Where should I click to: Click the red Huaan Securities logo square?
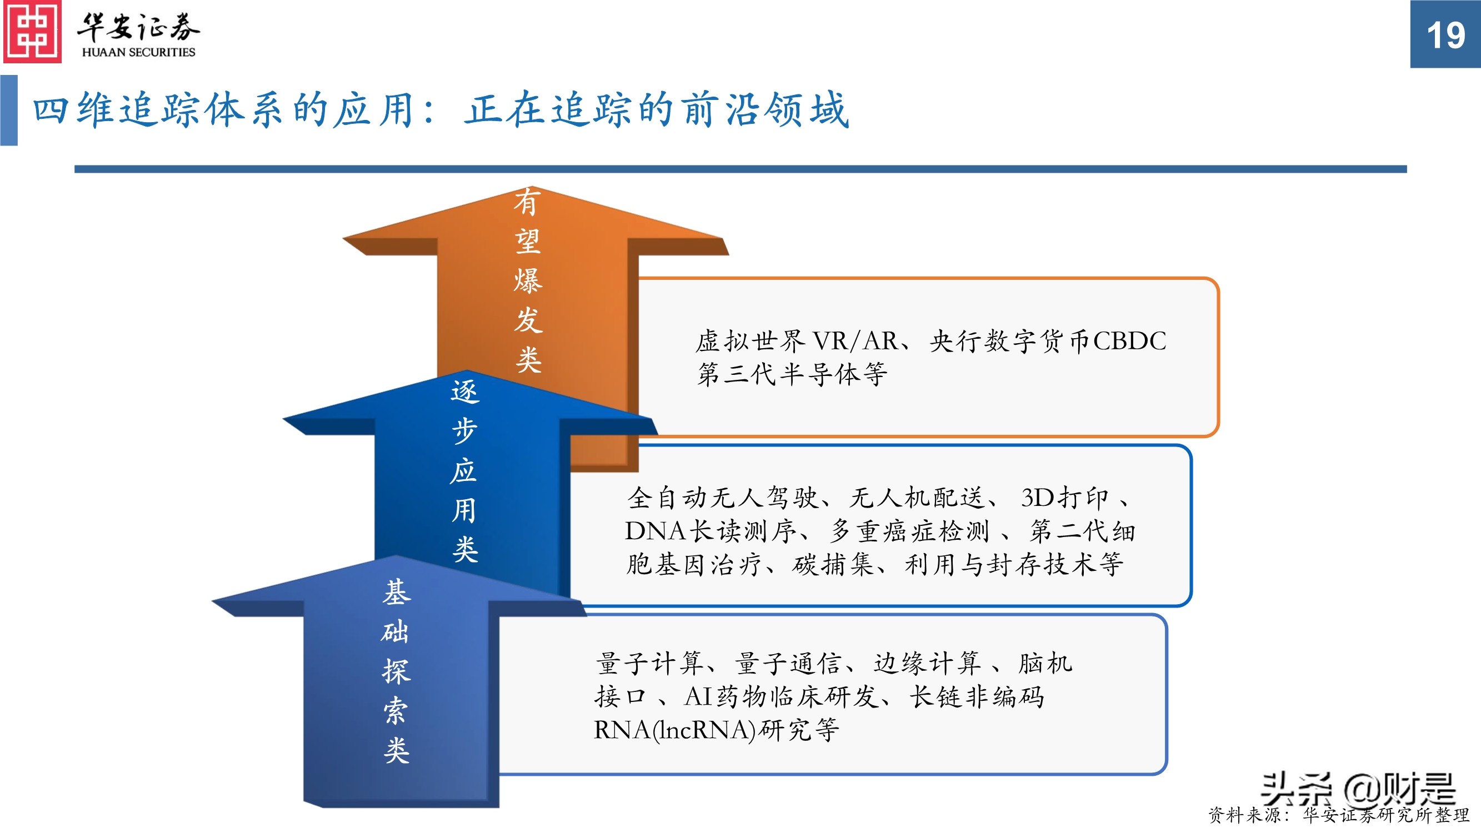click(x=32, y=32)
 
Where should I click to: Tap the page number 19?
click(x=1445, y=36)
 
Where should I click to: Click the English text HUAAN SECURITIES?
click(x=138, y=52)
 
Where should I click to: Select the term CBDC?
click(x=1129, y=341)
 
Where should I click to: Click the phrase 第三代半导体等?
click(x=792, y=375)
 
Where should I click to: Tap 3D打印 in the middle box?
click(x=1064, y=498)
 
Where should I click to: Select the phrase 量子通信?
click(x=788, y=664)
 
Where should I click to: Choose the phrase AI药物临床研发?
click(x=782, y=697)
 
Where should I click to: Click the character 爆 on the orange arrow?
click(x=528, y=281)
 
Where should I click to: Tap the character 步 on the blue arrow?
click(x=464, y=431)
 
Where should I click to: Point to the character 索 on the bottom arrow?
click(x=396, y=711)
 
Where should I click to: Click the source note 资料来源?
click(x=1244, y=815)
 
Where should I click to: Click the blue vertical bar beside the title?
click(x=9, y=110)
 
